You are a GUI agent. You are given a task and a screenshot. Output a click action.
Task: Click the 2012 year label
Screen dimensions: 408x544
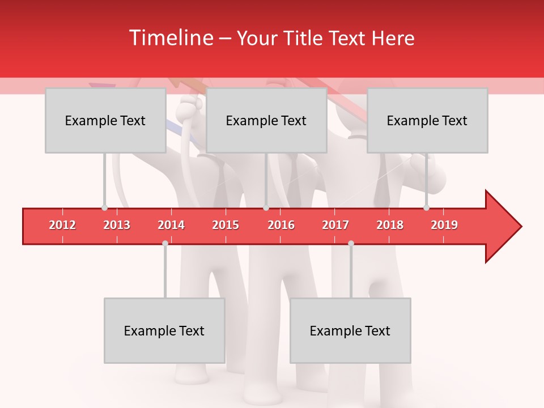pos(62,225)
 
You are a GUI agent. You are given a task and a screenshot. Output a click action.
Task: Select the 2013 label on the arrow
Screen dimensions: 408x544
pos(117,225)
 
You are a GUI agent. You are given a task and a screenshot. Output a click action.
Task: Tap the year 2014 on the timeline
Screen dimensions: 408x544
pos(171,225)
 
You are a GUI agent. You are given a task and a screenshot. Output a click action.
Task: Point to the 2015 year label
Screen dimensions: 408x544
pos(226,225)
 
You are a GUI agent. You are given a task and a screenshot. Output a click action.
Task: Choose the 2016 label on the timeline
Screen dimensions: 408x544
pos(281,225)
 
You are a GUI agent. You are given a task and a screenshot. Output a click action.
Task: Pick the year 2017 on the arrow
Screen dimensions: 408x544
pos(335,225)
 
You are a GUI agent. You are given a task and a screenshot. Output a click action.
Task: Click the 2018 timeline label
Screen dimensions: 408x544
pos(390,225)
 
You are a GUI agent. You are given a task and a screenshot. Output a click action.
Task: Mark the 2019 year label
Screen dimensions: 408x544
pos(444,225)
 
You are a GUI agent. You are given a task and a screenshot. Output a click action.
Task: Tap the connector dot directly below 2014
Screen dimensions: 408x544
pos(165,243)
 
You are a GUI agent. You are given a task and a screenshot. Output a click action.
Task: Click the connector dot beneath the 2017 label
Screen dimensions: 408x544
pos(351,243)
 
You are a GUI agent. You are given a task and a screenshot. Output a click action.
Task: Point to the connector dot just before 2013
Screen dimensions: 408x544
pos(104,208)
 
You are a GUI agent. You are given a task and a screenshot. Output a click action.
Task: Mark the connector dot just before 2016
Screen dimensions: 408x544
pos(266,208)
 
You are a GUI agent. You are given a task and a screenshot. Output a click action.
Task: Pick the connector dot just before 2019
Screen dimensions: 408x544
pos(426,208)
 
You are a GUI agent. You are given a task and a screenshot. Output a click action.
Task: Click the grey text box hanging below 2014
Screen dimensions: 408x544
pos(164,331)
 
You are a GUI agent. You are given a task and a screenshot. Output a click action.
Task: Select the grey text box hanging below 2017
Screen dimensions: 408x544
pos(350,331)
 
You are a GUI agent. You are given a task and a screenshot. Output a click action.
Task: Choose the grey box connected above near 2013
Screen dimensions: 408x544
pos(105,121)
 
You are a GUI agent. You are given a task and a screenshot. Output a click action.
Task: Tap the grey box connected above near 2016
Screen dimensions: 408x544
pos(266,121)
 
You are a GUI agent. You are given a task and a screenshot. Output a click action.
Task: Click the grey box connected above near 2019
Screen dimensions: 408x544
pos(427,121)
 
